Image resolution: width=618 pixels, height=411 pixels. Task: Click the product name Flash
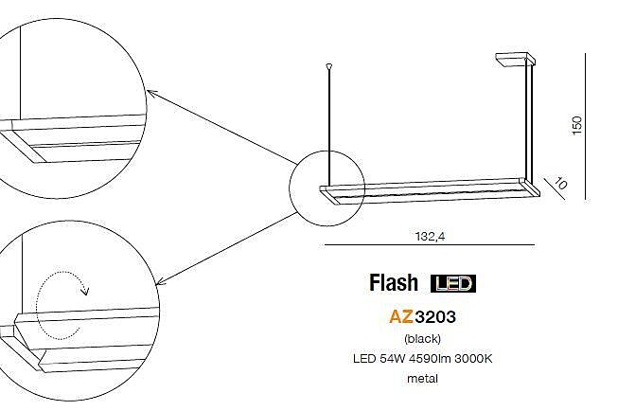[393, 283]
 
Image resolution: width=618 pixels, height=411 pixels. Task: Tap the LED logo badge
[453, 283]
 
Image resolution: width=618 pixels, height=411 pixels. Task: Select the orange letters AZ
[401, 316]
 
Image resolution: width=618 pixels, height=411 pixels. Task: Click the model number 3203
[435, 316]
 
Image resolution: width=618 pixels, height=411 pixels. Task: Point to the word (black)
[422, 338]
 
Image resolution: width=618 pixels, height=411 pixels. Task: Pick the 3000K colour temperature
[473, 359]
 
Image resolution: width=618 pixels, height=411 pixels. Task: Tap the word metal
[422, 379]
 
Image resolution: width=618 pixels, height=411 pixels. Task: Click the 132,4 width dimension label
[430, 236]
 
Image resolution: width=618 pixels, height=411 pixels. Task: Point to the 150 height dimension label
[576, 125]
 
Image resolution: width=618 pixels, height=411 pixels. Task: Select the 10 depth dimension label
[560, 184]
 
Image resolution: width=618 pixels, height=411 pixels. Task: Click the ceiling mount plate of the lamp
[514, 58]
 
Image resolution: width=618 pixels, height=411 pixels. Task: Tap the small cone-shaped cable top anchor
[329, 66]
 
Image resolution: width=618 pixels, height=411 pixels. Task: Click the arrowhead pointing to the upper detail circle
[150, 93]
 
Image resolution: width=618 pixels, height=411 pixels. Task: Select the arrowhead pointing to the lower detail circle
[160, 281]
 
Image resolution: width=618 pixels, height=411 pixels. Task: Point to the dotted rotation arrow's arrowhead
[85, 292]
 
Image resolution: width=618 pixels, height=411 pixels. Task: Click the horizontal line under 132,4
[430, 245]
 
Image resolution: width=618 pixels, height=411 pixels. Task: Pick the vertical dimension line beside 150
[585, 126]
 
